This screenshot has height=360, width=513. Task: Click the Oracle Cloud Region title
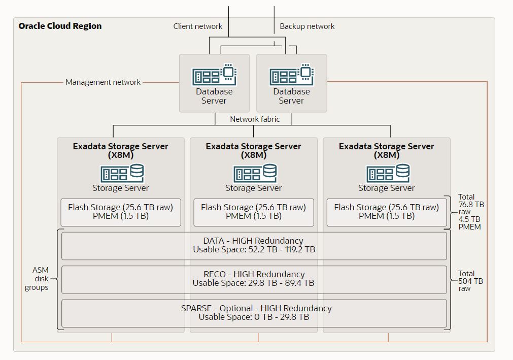(60, 26)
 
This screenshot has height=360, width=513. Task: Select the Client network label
(197, 26)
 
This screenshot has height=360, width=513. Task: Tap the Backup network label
(307, 26)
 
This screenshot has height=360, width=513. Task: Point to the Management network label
(103, 82)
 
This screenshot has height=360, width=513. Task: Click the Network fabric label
(254, 119)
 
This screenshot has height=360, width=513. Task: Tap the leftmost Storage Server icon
(121, 173)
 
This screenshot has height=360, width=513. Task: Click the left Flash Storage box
(121, 212)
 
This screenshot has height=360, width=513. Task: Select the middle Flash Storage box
(254, 212)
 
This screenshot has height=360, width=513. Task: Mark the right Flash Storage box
(387, 212)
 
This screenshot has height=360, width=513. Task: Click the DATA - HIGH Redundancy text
(254, 241)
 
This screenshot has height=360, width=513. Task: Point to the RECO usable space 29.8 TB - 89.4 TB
(254, 283)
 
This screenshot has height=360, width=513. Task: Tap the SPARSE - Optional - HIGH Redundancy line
(256, 308)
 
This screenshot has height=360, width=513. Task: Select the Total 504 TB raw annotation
(470, 280)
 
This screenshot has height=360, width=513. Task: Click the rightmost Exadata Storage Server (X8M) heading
(387, 150)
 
